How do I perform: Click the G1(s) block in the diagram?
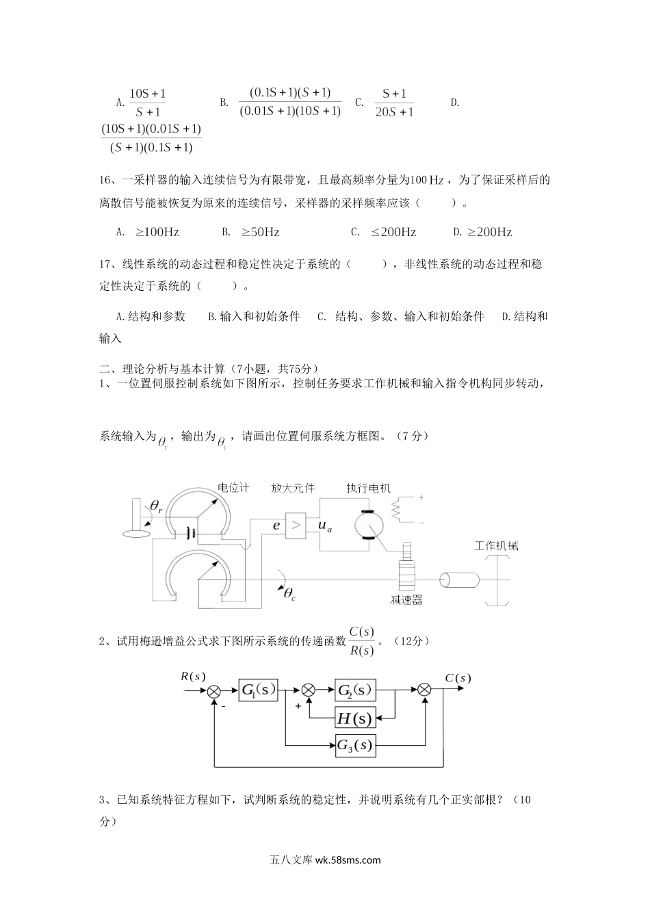point(259,690)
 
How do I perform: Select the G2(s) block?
point(355,690)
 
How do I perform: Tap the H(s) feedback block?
point(355,718)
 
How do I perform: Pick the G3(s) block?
point(355,744)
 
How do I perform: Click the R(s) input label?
point(193,676)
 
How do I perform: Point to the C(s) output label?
point(458,678)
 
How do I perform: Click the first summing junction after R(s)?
point(214,691)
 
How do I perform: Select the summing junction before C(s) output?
point(425,691)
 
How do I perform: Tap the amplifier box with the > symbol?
point(296,526)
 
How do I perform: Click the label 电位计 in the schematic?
point(233,488)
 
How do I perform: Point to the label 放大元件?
point(293,488)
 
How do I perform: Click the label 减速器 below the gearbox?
point(406,600)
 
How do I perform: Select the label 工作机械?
point(496,545)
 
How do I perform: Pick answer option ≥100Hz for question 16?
point(157,232)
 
